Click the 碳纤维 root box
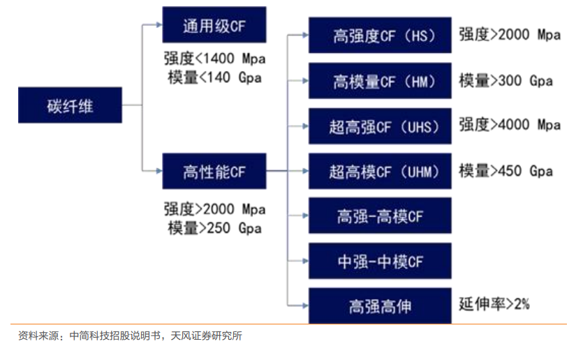[x=70, y=105]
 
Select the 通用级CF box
[x=214, y=24]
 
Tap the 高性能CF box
[x=214, y=171]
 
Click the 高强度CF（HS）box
[x=380, y=35]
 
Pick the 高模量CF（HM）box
[x=380, y=81]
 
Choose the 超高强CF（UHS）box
[x=380, y=126]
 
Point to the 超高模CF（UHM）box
[x=380, y=171]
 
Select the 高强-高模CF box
[x=380, y=216]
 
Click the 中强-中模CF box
[x=380, y=261]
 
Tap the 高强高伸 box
[x=380, y=306]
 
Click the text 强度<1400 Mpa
[x=214, y=59]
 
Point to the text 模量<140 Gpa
[x=214, y=77]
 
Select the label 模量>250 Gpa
[x=214, y=228]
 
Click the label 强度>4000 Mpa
[x=510, y=125]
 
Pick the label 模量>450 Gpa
[x=505, y=171]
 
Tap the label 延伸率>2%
[x=494, y=304]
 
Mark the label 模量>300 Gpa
[x=505, y=81]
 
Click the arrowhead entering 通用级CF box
[x=159, y=24]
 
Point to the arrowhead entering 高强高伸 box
[x=305, y=306]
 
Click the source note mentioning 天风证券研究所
[x=130, y=336]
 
